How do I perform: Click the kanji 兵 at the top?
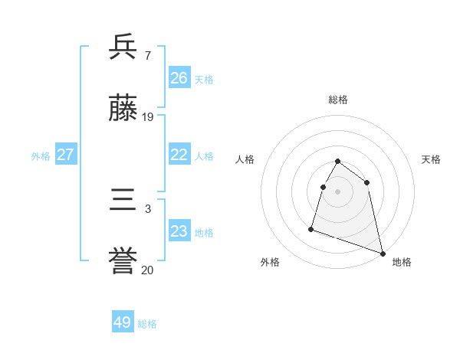(x=123, y=47)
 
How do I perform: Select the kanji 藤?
(x=123, y=110)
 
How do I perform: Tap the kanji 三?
(x=123, y=201)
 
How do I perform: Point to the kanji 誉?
(x=123, y=263)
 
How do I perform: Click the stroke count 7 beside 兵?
(x=147, y=55)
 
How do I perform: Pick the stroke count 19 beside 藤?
(x=148, y=117)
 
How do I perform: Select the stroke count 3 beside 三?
(x=147, y=208)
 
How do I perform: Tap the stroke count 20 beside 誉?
(x=148, y=270)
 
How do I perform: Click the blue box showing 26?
(x=179, y=78)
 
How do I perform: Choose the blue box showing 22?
(x=179, y=155)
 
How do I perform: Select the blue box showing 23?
(x=179, y=231)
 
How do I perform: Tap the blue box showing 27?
(x=66, y=155)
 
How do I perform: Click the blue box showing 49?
(x=123, y=322)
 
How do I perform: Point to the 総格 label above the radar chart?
(x=338, y=100)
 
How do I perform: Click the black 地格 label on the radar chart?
(x=402, y=262)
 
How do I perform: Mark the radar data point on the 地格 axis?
(x=383, y=253)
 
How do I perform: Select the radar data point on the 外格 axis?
(x=311, y=228)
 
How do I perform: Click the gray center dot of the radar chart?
(x=338, y=191)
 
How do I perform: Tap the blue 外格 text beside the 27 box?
(x=41, y=156)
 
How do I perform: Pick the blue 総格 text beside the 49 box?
(x=147, y=324)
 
